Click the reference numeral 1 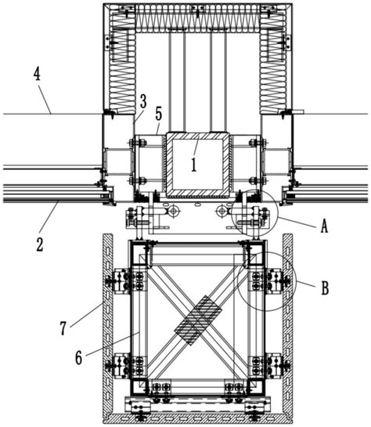tap(194, 165)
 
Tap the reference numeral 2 tap(40, 244)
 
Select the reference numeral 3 tap(143, 101)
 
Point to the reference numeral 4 tap(37, 74)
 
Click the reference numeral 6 tap(78, 357)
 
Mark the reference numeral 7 tap(63, 328)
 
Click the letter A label tap(324, 226)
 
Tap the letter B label tap(325, 288)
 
